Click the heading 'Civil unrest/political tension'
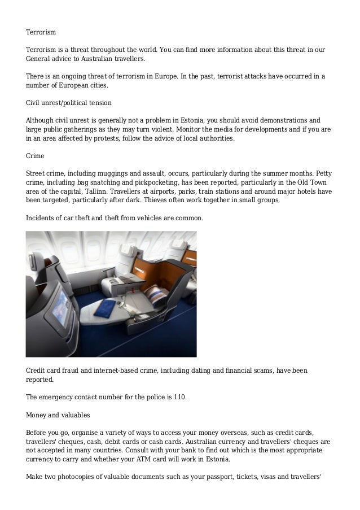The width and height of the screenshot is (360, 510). (x=69, y=103)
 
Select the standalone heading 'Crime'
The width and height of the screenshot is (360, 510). (x=36, y=155)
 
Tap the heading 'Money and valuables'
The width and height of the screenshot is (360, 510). (x=58, y=415)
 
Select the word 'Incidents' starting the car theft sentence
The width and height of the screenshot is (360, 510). (x=42, y=217)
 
